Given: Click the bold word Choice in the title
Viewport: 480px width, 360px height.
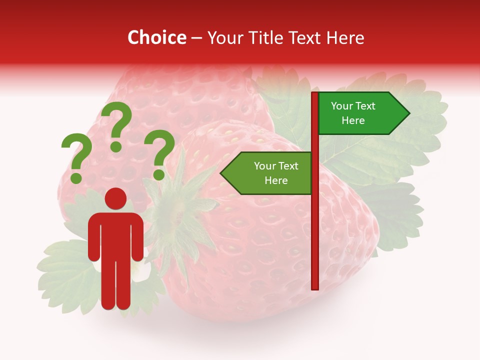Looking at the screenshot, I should (157, 38).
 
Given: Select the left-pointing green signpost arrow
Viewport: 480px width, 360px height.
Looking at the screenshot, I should (267, 173).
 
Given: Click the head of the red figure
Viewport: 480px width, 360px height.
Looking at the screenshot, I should (115, 198).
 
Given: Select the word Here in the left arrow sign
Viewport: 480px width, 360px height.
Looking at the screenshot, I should (276, 180).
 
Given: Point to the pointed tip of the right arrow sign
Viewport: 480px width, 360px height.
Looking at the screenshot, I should (408, 113).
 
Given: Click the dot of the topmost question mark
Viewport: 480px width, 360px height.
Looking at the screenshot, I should (116, 146).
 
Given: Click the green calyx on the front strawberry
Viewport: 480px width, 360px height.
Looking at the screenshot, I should (182, 210).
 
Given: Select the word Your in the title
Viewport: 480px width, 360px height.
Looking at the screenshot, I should (224, 38).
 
